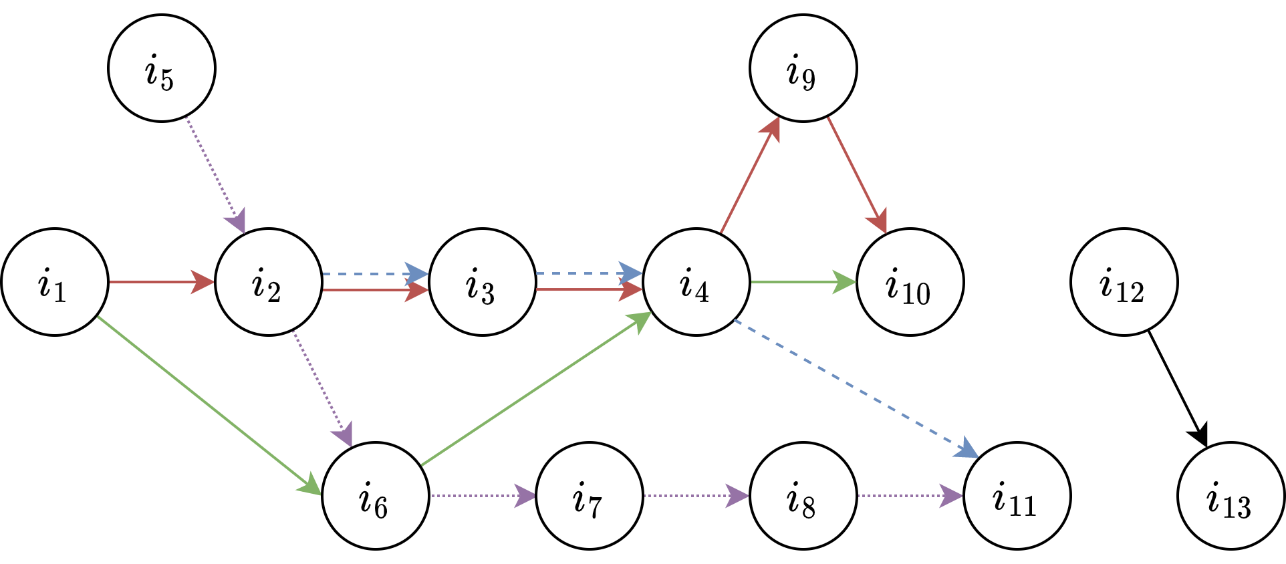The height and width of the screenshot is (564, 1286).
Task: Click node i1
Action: pos(55,282)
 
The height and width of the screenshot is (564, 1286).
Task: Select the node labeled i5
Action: pos(162,68)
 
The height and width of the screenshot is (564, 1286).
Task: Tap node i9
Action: pos(803,68)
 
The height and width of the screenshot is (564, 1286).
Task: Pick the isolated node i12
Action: pos(1124,282)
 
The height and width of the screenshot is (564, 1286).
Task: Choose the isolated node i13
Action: pos(1231,496)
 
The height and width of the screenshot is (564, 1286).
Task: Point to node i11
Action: pos(1017,496)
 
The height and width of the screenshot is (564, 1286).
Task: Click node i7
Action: pos(590,496)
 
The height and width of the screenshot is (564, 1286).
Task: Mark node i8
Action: pos(803,496)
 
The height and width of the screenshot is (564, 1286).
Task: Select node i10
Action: pos(910,282)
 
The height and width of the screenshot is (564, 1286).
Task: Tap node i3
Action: pos(483,282)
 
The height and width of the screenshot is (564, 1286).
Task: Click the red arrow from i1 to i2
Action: pos(160,282)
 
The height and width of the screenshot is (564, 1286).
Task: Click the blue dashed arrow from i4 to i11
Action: pos(856,388)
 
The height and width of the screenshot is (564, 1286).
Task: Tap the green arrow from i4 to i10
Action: pos(802,282)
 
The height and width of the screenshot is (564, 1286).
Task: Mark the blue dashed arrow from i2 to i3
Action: pos(374,274)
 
